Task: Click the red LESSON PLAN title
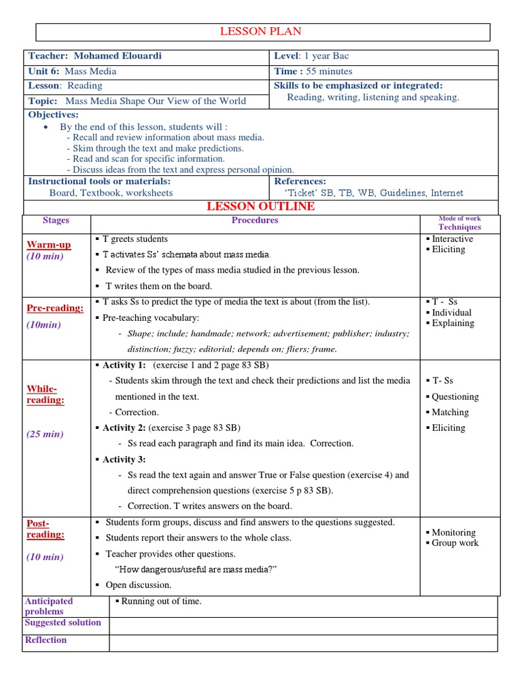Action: coord(260,31)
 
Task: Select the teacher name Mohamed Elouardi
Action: coord(118,56)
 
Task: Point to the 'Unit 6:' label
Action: coord(43,71)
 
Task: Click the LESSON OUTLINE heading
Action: coord(260,206)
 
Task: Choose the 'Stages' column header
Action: coord(56,220)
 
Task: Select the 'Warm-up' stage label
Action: coord(48,245)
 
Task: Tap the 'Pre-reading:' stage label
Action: coord(55,308)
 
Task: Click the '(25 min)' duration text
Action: coord(45,434)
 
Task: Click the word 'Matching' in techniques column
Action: coord(450,412)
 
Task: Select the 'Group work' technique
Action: coord(455,542)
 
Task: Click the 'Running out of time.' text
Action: coord(161,601)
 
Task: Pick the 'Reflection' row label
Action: coord(46,640)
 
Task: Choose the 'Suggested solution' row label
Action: coord(63,622)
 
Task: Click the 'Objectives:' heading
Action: coord(54,114)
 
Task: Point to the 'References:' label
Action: coord(300,181)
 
